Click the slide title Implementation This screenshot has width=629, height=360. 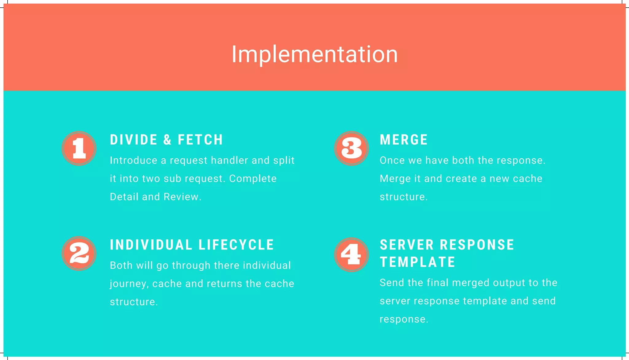tap(314, 54)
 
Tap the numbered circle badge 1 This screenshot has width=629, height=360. tap(79, 149)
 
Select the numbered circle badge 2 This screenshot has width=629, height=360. tap(79, 254)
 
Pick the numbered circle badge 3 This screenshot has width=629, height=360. tap(351, 149)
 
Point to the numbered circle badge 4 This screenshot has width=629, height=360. tap(351, 254)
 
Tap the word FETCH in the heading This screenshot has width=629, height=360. tap(200, 140)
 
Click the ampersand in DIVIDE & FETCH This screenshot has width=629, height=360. tap(167, 140)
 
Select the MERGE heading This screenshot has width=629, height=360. tap(404, 140)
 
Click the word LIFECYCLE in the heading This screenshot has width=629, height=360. tap(236, 245)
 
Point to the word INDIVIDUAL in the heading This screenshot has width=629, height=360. tap(151, 245)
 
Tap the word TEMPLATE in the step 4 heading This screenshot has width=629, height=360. tap(417, 262)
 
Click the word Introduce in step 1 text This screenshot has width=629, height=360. tap(134, 161)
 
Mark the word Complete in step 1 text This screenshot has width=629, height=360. tap(253, 179)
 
